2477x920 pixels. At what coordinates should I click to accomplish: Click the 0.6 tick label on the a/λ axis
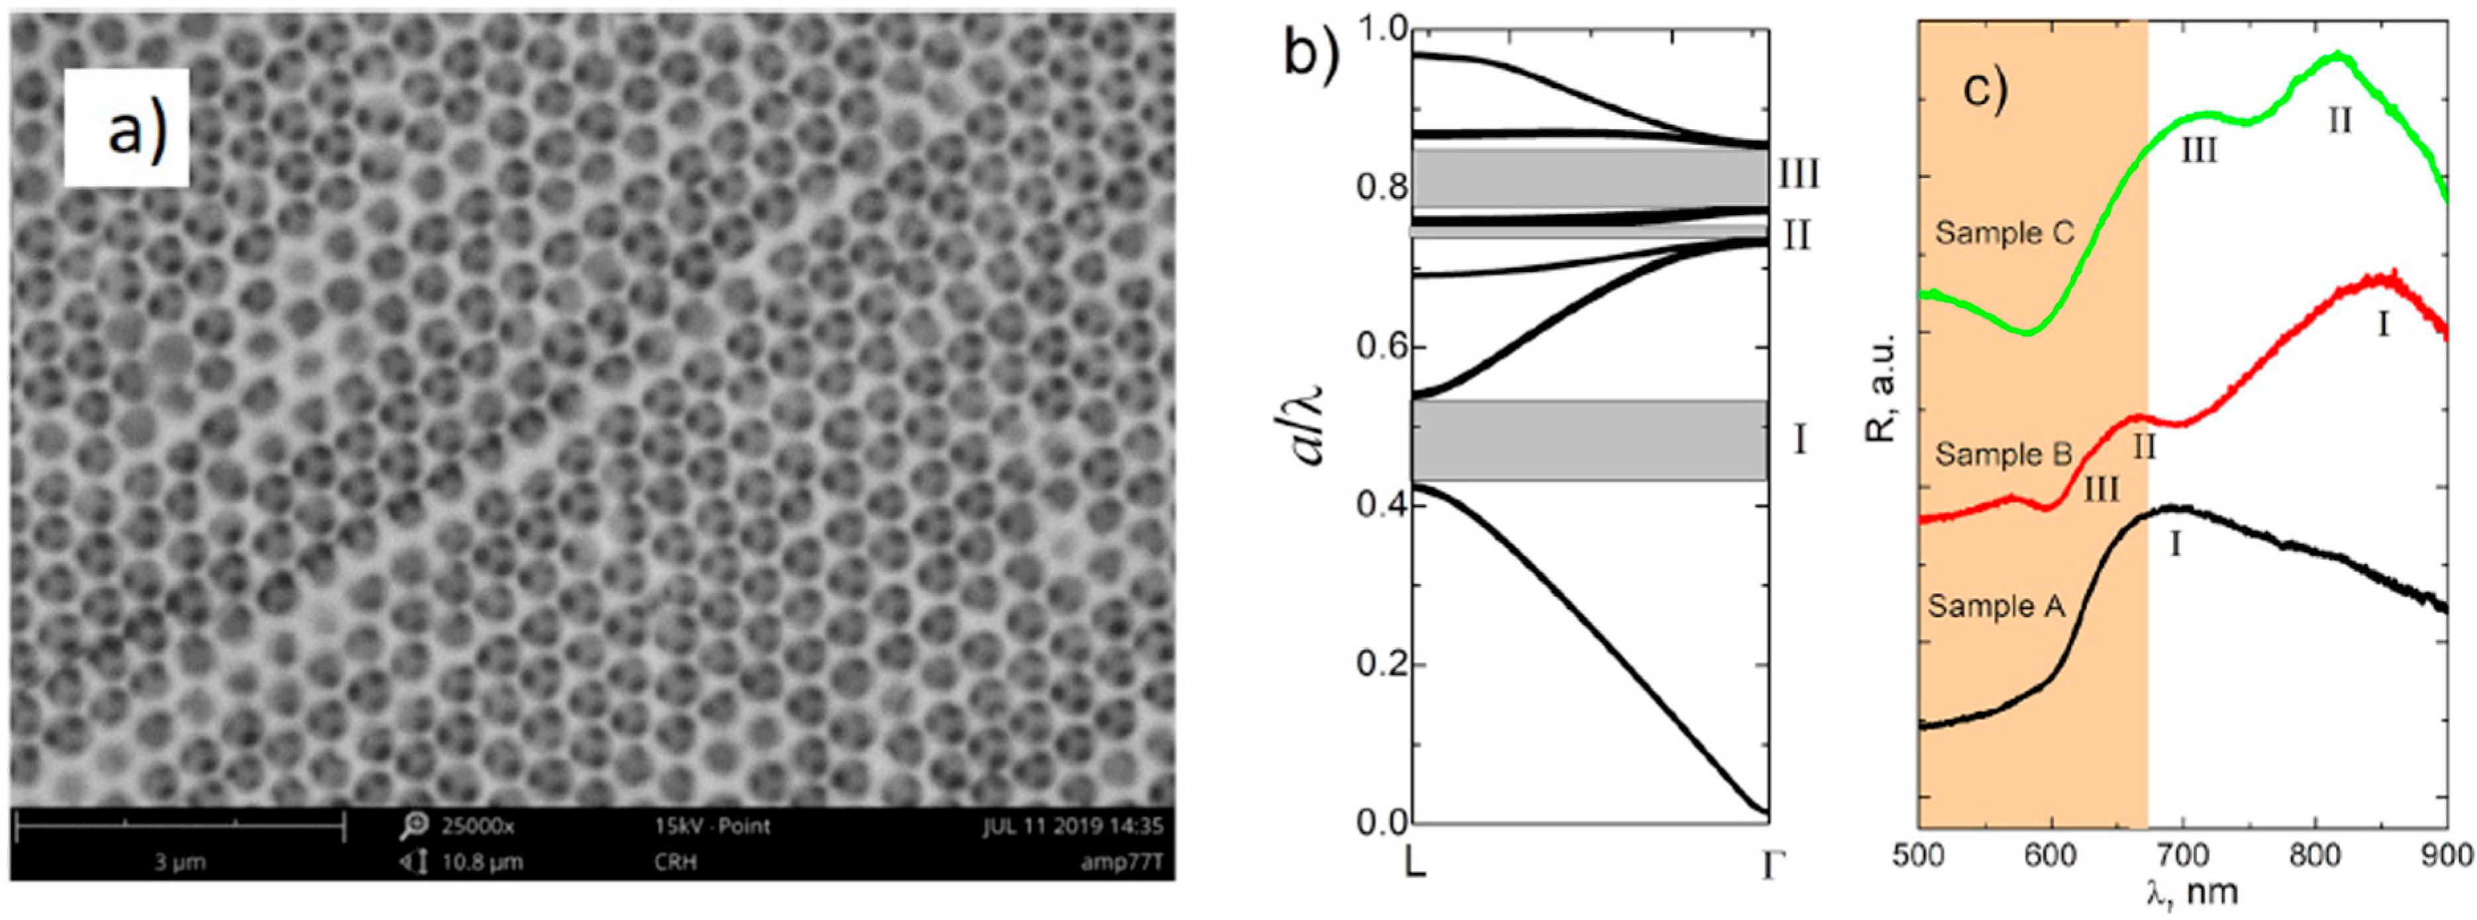(1382, 347)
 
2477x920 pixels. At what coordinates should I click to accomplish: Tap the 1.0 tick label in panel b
(1382, 30)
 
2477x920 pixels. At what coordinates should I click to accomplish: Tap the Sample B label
(2003, 454)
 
